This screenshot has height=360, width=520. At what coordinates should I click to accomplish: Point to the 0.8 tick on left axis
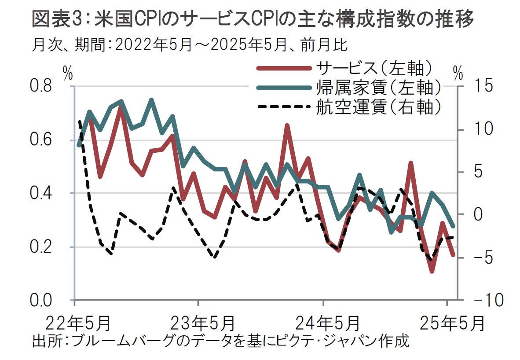[x=40, y=87]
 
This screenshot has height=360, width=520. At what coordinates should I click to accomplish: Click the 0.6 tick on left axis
[x=40, y=140]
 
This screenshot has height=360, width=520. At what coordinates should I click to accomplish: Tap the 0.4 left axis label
[x=40, y=193]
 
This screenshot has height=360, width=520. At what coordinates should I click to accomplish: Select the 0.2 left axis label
[x=40, y=247]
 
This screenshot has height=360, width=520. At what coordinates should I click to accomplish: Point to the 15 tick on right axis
[x=480, y=87]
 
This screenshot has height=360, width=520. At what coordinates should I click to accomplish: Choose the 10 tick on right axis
[x=480, y=129]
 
